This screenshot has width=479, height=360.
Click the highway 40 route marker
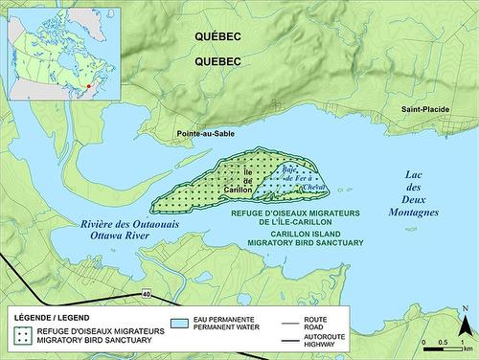145,292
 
